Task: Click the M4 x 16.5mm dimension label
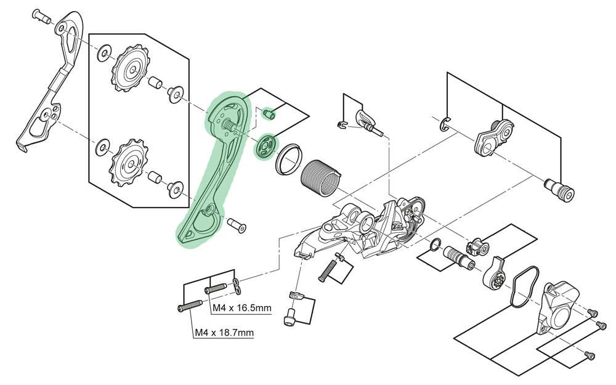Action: pyautogui.click(x=241, y=307)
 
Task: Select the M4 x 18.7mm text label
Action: pyautogui.click(x=224, y=333)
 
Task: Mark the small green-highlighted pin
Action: pyautogui.click(x=269, y=114)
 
